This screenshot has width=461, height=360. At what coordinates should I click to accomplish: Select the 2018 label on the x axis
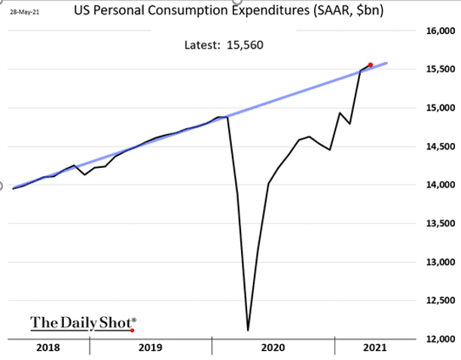coord(48,348)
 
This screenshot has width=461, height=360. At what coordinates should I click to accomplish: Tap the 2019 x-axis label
coord(151,348)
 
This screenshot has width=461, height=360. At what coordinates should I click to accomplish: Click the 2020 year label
coord(272,348)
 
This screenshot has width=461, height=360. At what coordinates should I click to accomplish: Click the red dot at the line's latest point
coord(371,65)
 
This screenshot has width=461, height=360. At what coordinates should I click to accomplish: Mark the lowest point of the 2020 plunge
coord(248,330)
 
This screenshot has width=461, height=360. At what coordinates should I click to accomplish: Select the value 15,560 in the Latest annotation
coord(245,44)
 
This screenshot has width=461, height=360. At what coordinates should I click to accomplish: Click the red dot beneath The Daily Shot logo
coord(132,330)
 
